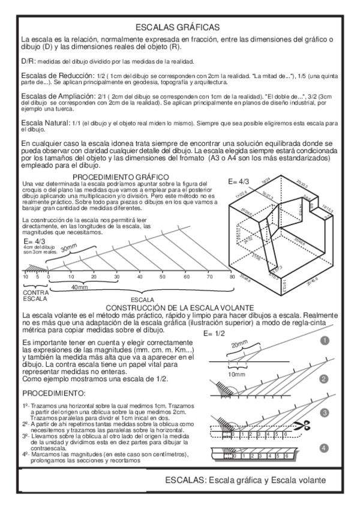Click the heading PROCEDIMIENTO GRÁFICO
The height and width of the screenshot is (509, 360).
119,176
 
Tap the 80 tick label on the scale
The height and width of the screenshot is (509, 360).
232,277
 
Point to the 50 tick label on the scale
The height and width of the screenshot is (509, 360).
163,277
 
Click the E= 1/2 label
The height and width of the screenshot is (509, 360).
216,333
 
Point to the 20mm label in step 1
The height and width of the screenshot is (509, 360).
239,346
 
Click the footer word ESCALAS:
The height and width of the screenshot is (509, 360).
186,480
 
